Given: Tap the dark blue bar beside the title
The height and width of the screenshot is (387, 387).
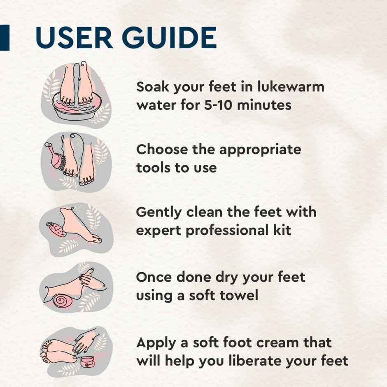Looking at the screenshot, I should tap(4, 37).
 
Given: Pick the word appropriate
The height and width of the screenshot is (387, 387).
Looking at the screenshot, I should tap(259, 150).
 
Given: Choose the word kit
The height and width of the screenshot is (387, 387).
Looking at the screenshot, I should tap(282, 230).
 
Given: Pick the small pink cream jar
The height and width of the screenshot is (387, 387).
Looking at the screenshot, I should tap(87, 362).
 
